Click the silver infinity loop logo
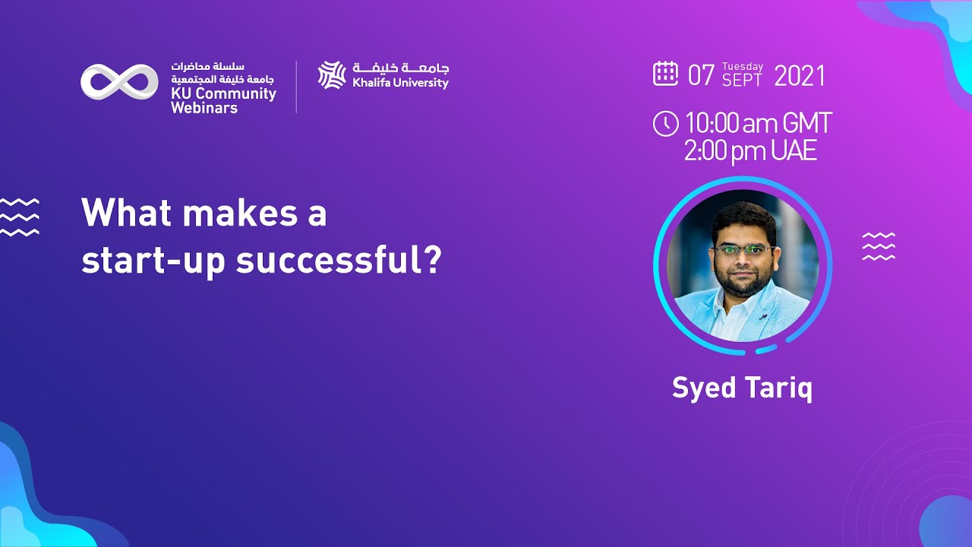pos(119,82)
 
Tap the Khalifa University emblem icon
pos(332,75)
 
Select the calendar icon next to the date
pos(665,74)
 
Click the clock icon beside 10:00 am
pos(665,123)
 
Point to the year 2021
pos(799,76)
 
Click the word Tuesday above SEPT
pos(743,67)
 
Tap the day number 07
pos(701,76)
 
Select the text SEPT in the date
pos(742,81)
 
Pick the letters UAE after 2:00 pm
pos(794,151)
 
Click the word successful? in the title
pos(339,260)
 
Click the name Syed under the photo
pos(704,388)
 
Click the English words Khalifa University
pos(400,83)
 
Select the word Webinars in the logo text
pos(204,108)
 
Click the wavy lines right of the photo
pos(879,247)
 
